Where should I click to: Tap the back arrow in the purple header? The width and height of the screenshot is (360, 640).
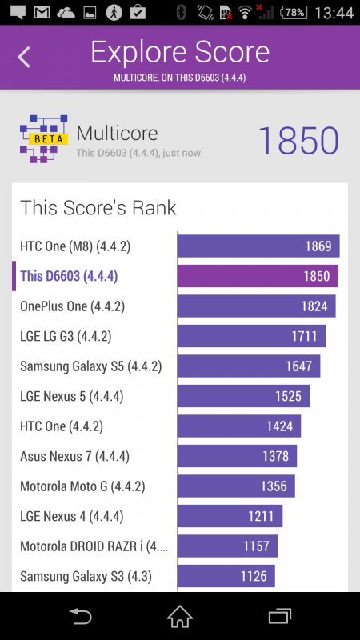(24, 57)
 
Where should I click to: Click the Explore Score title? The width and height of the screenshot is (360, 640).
(180, 52)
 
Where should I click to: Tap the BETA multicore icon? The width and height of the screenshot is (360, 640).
(43, 138)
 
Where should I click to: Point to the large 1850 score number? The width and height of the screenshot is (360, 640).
(298, 141)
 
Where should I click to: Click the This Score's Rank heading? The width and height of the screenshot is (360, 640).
(98, 208)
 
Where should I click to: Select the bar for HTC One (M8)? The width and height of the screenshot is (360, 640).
(258, 246)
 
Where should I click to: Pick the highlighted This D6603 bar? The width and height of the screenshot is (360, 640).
(258, 276)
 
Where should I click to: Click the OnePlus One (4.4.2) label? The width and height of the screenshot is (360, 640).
(72, 306)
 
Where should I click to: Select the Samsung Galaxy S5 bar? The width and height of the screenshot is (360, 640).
(249, 366)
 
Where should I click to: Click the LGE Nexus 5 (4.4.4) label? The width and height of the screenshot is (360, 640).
(71, 396)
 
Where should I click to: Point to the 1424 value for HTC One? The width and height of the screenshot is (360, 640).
(279, 426)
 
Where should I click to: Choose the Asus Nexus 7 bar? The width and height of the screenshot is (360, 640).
(237, 456)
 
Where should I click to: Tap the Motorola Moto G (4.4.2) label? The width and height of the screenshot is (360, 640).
(82, 486)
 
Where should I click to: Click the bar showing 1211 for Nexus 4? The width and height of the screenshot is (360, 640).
(230, 516)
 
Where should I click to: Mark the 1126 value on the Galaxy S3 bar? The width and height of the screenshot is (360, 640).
(254, 576)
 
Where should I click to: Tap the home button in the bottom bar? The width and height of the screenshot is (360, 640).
(180, 616)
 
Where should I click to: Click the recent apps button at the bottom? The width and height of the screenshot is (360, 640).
(279, 616)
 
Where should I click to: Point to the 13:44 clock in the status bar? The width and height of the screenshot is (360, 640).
(334, 13)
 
